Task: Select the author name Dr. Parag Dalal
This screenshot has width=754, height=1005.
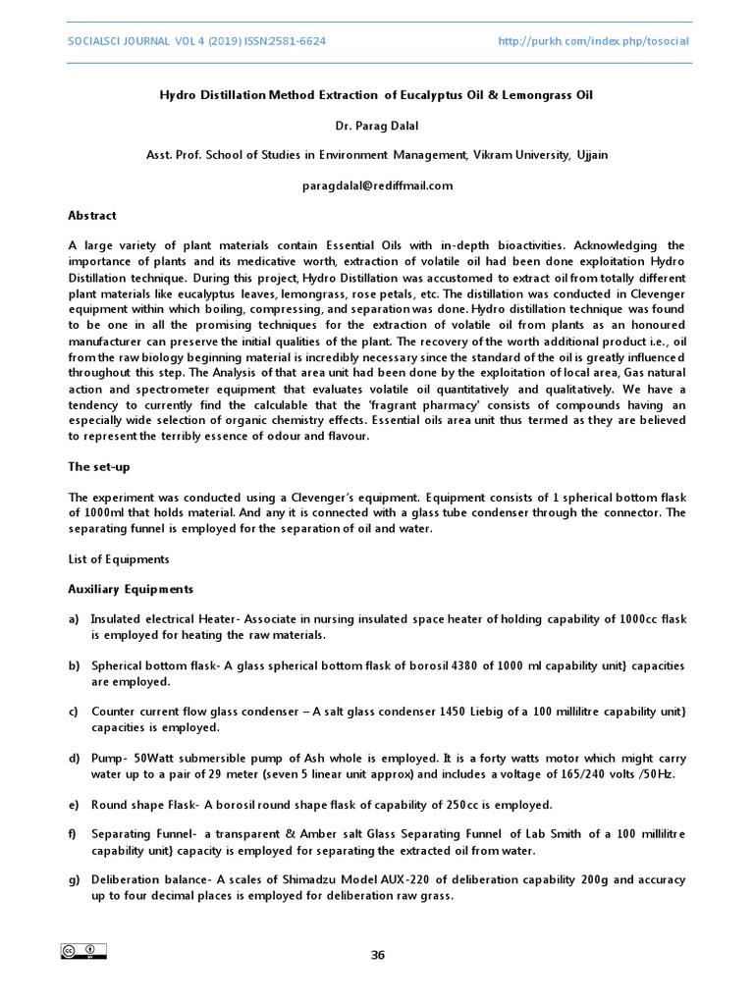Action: (x=377, y=125)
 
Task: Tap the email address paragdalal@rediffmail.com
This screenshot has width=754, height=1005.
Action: (x=377, y=185)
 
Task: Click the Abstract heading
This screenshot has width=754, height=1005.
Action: (x=91, y=215)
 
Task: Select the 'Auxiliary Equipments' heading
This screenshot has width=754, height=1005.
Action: (x=131, y=589)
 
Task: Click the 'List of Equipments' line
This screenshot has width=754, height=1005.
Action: (x=118, y=559)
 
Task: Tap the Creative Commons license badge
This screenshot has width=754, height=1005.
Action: (x=83, y=951)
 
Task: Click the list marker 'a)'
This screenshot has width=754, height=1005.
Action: (x=74, y=619)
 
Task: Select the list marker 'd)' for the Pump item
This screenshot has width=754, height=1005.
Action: (x=74, y=759)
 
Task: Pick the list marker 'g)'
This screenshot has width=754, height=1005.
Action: (x=74, y=880)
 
